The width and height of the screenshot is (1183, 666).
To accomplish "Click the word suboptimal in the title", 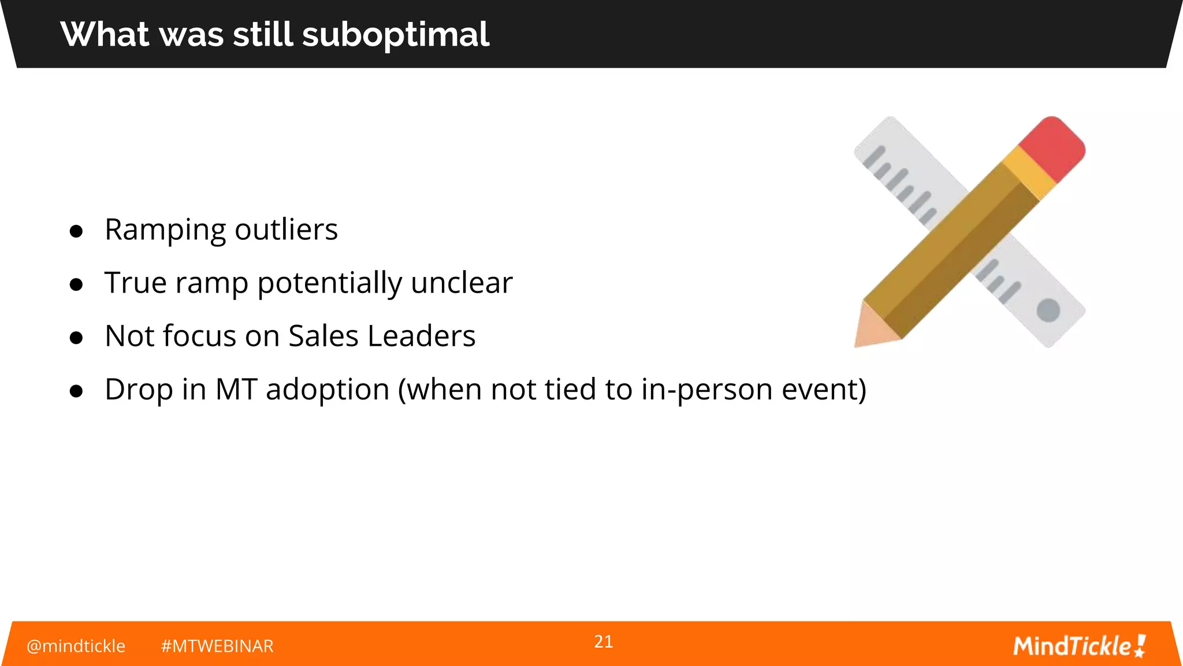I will coord(396,35).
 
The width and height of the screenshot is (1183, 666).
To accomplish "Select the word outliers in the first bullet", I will coord(286,230).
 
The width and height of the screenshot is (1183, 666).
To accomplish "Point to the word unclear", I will coord(462,283).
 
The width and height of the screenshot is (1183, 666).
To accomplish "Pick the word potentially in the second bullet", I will coord(329,284).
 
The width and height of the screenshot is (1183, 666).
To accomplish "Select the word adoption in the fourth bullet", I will coord(328,390).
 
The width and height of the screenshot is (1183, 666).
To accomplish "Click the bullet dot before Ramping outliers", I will coord(76,231).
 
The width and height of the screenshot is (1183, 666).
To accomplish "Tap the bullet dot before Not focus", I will coord(76,338).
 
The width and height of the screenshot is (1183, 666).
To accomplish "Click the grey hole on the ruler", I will coord(1048,310).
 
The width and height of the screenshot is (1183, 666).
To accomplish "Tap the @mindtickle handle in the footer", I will coord(76,646).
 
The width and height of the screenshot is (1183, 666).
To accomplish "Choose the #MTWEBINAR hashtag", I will coord(217,646).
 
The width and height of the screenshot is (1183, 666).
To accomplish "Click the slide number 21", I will coord(603,642).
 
